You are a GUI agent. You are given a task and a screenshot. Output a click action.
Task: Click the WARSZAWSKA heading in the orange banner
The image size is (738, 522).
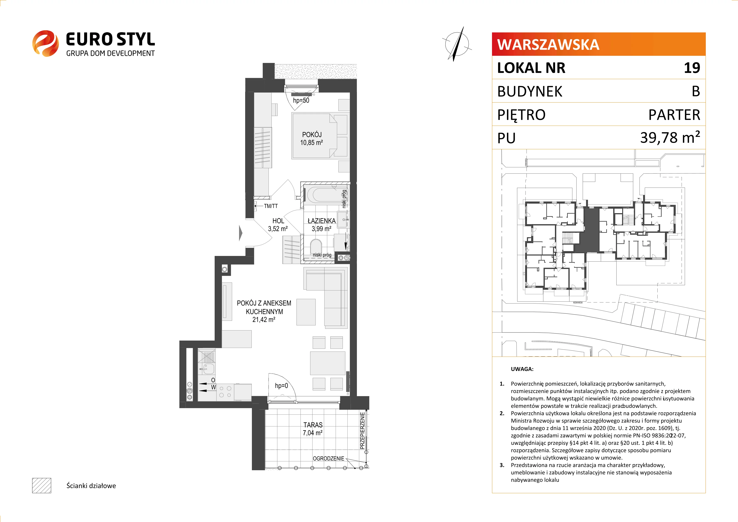(x=548, y=44)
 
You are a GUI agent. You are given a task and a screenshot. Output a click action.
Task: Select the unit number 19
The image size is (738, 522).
(x=692, y=68)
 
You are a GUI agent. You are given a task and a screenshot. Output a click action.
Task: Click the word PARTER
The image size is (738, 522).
(x=674, y=115)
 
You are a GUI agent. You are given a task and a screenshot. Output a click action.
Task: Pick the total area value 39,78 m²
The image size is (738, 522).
(x=670, y=137)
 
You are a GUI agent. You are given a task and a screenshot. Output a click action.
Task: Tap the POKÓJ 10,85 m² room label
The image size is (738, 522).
(x=311, y=138)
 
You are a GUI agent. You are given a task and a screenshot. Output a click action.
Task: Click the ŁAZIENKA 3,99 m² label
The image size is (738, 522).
(x=321, y=225)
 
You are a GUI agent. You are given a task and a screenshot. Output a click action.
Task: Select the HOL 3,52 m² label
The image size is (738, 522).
(x=278, y=225)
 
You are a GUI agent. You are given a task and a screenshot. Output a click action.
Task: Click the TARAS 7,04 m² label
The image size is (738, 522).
(x=313, y=429)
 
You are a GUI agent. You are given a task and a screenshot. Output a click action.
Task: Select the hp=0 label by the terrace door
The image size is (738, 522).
(x=282, y=386)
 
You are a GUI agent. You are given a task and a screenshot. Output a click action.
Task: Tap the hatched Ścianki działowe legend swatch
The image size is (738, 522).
(x=41, y=485)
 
